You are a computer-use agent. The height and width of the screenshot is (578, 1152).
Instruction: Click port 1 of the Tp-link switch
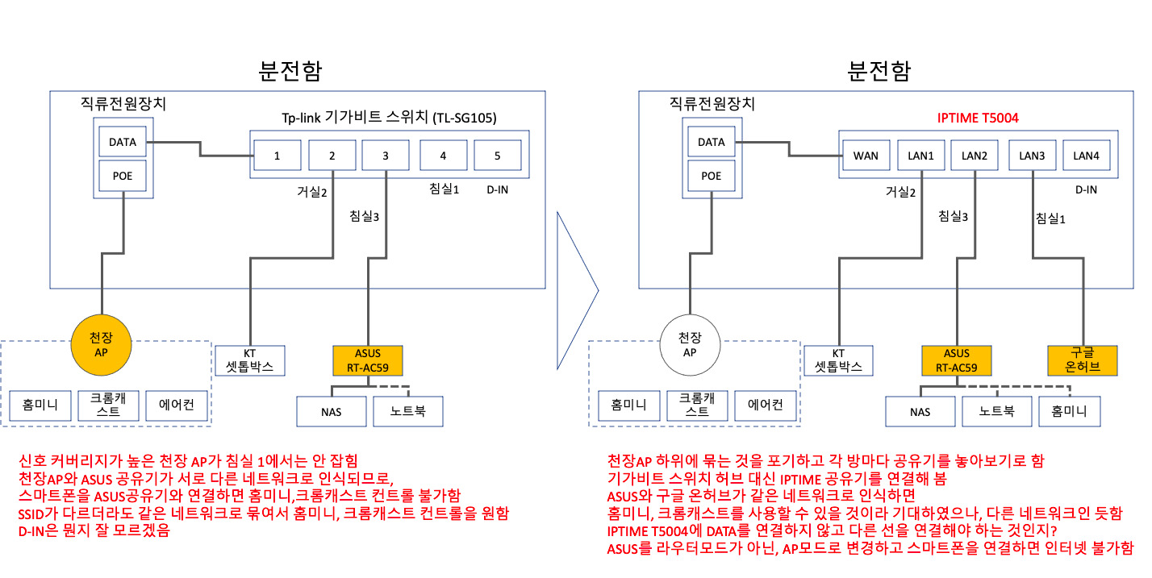277,155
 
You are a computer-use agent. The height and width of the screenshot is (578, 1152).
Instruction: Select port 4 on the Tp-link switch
443,155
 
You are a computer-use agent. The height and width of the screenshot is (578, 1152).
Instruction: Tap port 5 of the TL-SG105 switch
497,155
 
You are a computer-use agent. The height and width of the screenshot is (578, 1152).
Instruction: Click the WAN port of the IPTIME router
866,155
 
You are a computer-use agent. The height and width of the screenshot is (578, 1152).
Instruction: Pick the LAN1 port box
920,155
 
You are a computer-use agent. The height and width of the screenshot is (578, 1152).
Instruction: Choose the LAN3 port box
1032,155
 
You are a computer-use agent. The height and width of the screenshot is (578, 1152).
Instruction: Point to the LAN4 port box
1086,155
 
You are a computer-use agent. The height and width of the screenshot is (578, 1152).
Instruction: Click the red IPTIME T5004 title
978,118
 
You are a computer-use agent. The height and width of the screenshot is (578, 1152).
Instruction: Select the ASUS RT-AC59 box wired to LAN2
956,360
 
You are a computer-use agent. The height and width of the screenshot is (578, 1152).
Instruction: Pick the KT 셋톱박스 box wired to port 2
250,360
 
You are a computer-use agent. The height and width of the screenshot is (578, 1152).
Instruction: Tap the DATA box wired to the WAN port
711,142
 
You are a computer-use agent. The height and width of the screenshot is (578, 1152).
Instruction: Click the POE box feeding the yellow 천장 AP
123,175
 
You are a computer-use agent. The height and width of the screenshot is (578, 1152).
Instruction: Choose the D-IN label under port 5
497,190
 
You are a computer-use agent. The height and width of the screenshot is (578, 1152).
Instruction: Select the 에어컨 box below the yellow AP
177,405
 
